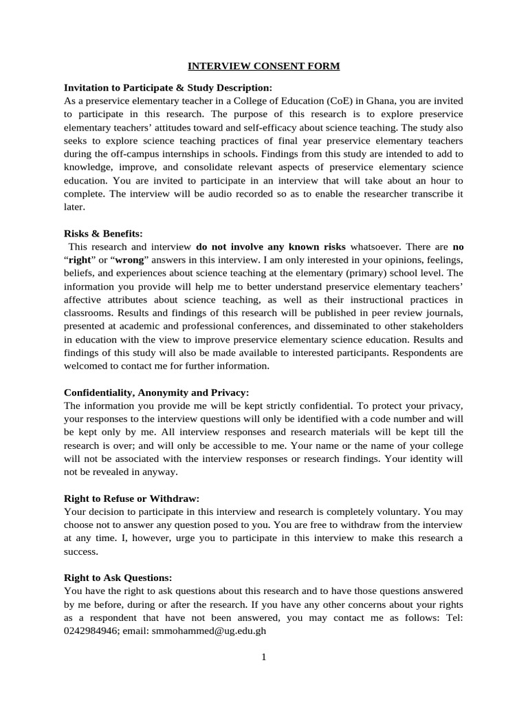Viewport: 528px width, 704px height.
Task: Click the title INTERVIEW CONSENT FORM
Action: click(x=264, y=67)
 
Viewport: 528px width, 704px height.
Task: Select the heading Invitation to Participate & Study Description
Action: click(x=168, y=87)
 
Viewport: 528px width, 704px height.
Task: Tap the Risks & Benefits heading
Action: click(x=103, y=234)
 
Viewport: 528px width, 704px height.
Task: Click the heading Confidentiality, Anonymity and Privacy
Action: click(x=156, y=393)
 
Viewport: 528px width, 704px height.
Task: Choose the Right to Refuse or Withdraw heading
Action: click(x=131, y=498)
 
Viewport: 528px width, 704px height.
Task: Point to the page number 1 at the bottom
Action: click(x=263, y=657)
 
